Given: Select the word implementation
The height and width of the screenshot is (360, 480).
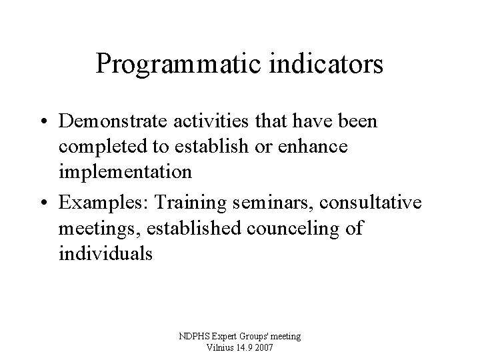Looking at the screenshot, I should tap(125, 171).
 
